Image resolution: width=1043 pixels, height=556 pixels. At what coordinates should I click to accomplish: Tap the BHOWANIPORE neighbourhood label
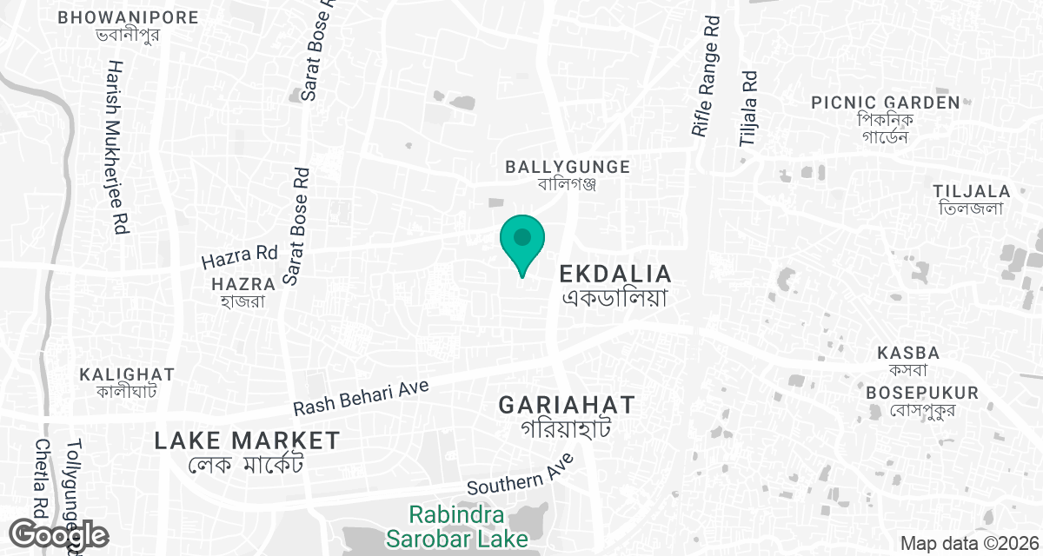[x=128, y=17]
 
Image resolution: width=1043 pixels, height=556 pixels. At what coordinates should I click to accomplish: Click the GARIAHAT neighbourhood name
[x=567, y=405]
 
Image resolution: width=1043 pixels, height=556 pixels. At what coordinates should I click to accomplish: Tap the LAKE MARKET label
[x=247, y=440]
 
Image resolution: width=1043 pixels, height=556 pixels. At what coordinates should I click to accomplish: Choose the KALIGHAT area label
[x=127, y=374]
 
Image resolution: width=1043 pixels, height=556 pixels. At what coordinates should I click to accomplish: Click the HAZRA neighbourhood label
[x=243, y=284]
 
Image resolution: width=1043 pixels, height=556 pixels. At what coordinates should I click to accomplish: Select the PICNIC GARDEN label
[x=885, y=103]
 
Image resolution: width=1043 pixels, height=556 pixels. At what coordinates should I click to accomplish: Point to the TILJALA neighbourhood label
[x=971, y=191]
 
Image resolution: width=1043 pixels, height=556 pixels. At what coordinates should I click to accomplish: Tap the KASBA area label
[x=908, y=354]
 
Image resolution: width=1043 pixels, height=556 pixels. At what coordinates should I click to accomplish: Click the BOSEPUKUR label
[x=922, y=393]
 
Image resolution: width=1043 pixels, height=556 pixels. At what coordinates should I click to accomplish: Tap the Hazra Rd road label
[x=238, y=257]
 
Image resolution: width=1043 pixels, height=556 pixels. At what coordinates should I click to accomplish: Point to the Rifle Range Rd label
[x=707, y=77]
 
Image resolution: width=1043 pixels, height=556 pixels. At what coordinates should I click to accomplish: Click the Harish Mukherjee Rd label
[x=118, y=148]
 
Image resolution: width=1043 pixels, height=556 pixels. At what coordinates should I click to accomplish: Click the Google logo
[x=59, y=535]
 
